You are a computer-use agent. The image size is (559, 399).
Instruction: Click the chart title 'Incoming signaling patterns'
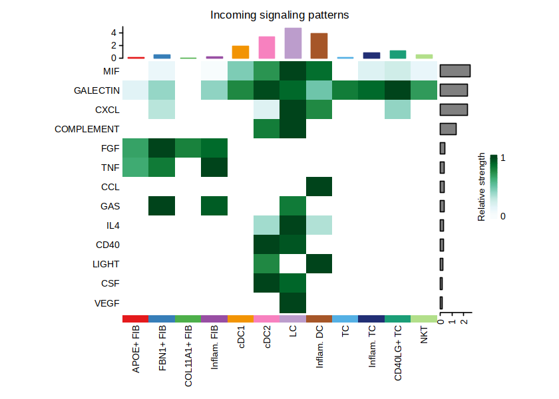(279, 15)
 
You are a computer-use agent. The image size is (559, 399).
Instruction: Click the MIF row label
(111, 71)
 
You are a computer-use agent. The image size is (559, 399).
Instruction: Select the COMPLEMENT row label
(87, 129)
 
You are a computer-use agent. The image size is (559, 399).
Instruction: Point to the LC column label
(293, 334)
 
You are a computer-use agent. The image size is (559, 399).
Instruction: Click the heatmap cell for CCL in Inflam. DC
(319, 187)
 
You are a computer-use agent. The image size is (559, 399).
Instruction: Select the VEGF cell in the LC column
(293, 303)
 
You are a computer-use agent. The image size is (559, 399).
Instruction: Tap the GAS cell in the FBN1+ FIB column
(162, 206)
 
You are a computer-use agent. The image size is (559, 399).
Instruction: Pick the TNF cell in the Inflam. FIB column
(214, 168)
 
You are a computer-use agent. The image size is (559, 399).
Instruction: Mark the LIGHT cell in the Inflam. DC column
(319, 264)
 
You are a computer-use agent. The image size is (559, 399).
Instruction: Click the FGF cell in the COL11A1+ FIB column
(188, 148)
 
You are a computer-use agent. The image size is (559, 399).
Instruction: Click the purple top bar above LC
(293, 43)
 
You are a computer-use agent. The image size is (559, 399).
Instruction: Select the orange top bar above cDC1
(240, 52)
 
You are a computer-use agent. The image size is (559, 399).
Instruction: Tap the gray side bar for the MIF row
(455, 71)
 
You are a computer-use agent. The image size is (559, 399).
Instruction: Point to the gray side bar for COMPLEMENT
(448, 129)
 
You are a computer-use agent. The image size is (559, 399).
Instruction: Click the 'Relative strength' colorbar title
(482, 188)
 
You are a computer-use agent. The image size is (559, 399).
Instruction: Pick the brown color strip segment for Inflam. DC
(319, 319)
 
